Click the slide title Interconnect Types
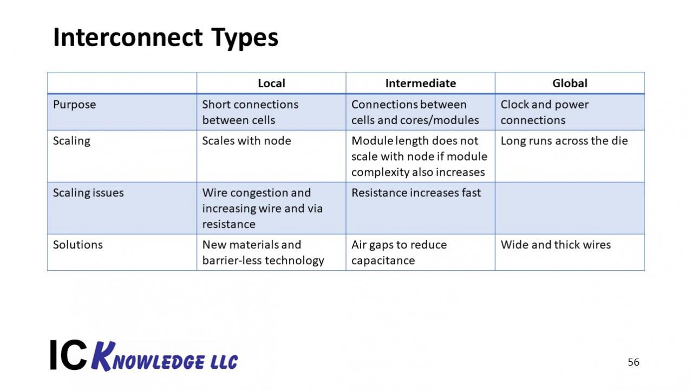166,38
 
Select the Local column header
271,84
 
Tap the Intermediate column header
420,84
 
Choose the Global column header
570,84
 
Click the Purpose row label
74,105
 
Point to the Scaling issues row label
88,193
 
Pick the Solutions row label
77,245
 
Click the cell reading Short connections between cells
250,112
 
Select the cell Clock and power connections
544,112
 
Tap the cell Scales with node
246,141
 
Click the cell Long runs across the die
564,141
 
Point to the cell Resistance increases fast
416,193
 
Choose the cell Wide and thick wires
556,245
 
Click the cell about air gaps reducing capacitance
399,252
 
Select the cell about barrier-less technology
263,252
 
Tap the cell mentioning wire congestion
262,208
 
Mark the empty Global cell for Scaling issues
570,208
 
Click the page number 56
634,362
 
